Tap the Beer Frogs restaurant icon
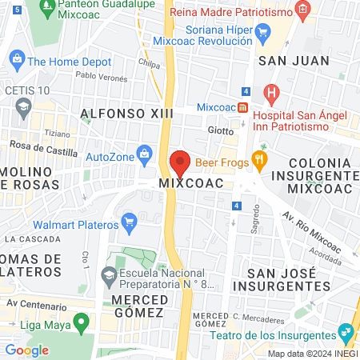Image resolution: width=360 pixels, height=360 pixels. pyautogui.click(x=258, y=158)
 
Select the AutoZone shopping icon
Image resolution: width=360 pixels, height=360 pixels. pyautogui.click(x=144, y=152)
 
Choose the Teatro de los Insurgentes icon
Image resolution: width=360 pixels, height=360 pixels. pyautogui.click(x=346, y=331)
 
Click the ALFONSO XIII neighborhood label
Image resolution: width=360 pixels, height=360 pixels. pyautogui.click(x=128, y=114)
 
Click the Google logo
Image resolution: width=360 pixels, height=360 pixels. pyautogui.click(x=26, y=349)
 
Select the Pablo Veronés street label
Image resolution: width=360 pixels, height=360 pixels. pyautogui.click(x=102, y=78)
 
